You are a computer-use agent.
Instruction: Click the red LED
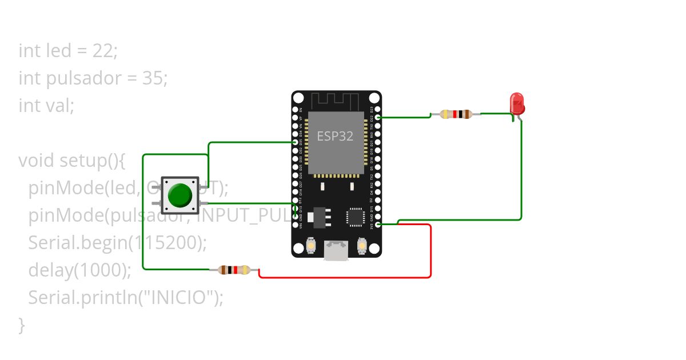(x=517, y=104)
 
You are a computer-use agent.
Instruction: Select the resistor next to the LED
(x=456, y=114)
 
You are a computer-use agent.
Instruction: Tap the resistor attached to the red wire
(x=234, y=270)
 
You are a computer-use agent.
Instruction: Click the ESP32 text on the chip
(x=335, y=137)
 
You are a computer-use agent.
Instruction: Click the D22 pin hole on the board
(x=378, y=118)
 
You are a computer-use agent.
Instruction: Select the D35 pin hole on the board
(x=296, y=142)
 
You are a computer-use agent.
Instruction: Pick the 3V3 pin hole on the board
(x=378, y=225)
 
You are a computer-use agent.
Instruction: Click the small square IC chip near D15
(x=355, y=217)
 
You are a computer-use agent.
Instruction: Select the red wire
(x=430, y=251)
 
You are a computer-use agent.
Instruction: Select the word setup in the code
(x=83, y=161)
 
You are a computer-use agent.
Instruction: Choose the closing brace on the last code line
(x=22, y=325)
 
